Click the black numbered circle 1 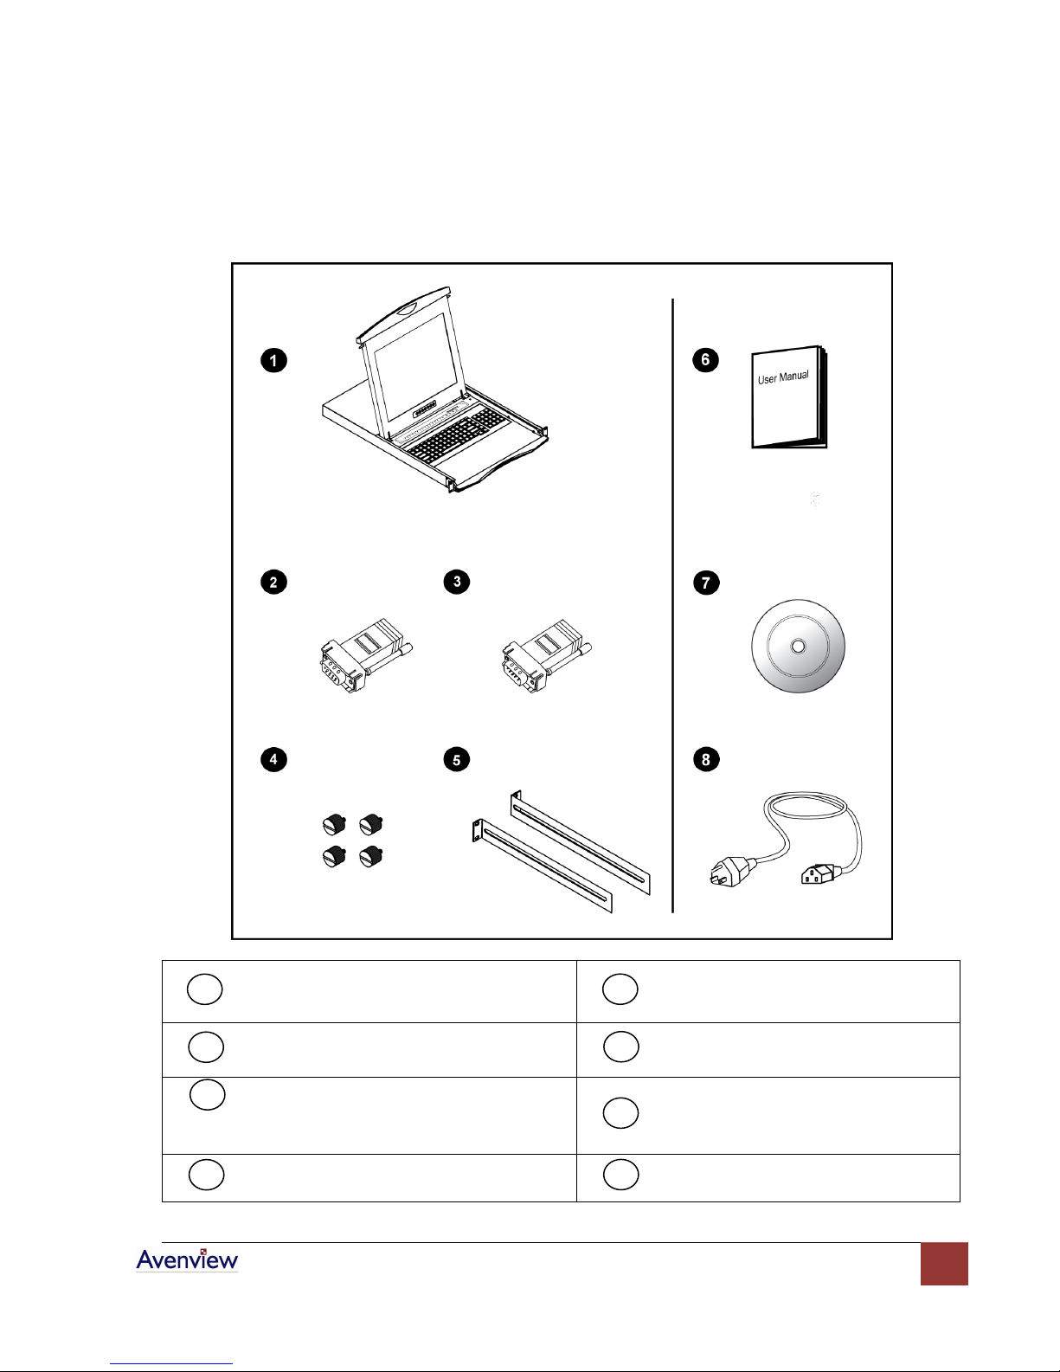(x=273, y=360)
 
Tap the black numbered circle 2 (x=273, y=582)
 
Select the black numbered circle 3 (x=457, y=581)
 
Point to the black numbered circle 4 (x=273, y=759)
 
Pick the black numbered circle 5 (x=457, y=759)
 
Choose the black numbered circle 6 (x=705, y=359)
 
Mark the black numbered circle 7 (x=706, y=583)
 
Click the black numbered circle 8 (x=706, y=759)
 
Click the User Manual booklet (x=788, y=397)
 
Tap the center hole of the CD (x=798, y=647)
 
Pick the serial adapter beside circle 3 (x=546, y=655)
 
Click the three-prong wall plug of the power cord (x=732, y=872)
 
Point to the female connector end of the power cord (x=819, y=874)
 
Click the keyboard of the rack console (x=455, y=433)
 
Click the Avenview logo (x=187, y=1259)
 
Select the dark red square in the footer (x=944, y=1264)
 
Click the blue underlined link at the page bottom (x=171, y=1363)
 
